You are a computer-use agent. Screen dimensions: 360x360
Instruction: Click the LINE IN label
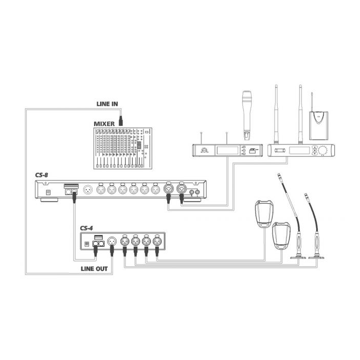[107, 104]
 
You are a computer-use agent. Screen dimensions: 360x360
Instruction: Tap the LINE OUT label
[94, 269]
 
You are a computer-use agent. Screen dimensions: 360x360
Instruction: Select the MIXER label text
[104, 124]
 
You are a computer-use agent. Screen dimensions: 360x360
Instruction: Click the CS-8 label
[42, 175]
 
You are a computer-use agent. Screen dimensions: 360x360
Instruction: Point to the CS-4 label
[86, 228]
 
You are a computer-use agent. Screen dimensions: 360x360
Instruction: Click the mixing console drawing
[123, 149]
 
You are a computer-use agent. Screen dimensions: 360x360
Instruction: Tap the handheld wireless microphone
[247, 115]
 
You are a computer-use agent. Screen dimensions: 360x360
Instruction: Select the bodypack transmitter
[318, 125]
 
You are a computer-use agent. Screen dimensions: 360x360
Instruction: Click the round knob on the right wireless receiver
[323, 150]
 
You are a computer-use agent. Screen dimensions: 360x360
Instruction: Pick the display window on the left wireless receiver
[227, 150]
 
